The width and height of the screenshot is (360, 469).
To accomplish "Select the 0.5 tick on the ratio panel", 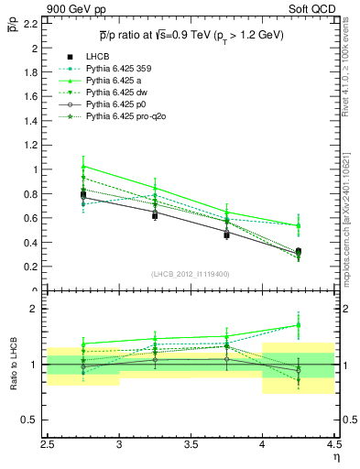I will (x=31, y=420).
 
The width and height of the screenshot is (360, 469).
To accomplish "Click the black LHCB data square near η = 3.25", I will (x=155, y=215).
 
